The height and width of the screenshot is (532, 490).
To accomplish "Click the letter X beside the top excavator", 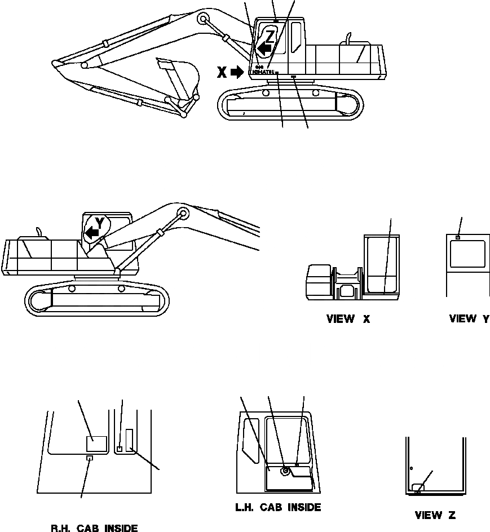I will point(222,72).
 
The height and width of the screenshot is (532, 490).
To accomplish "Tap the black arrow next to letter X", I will point(238,72).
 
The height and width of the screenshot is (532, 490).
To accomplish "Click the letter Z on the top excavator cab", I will point(270,37).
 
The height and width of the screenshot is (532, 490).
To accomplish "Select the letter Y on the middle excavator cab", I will point(99,223).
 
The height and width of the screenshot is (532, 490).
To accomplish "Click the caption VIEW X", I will point(348,319).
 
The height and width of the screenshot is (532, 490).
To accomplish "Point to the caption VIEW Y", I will point(469,319).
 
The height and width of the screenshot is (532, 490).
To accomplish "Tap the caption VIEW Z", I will point(435,515).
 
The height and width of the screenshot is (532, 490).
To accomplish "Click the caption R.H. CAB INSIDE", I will point(94,528).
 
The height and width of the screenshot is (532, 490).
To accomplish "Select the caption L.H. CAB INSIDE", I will point(278,507).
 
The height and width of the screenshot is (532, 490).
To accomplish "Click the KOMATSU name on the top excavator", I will point(263,72).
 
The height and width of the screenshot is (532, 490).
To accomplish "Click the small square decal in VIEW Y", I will point(458,237).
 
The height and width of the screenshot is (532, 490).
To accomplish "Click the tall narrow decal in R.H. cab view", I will point(129,440).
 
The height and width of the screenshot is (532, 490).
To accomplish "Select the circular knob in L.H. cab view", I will point(286,470).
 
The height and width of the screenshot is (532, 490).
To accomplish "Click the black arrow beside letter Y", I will point(90,232).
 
